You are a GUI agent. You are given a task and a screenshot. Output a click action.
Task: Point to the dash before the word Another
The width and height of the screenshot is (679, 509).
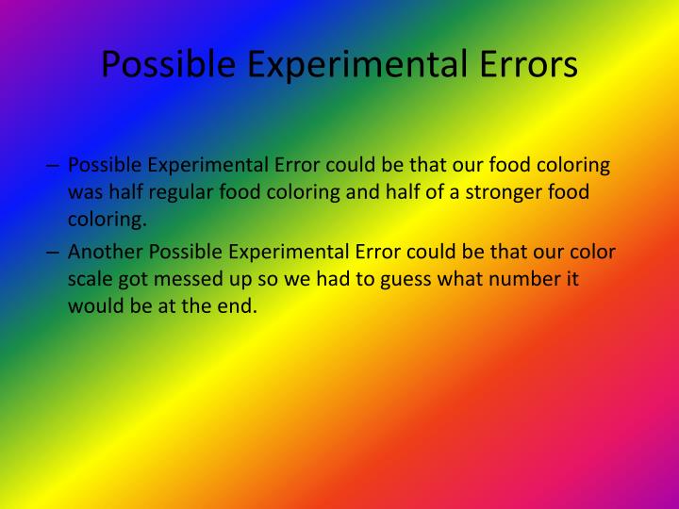point(53,252)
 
